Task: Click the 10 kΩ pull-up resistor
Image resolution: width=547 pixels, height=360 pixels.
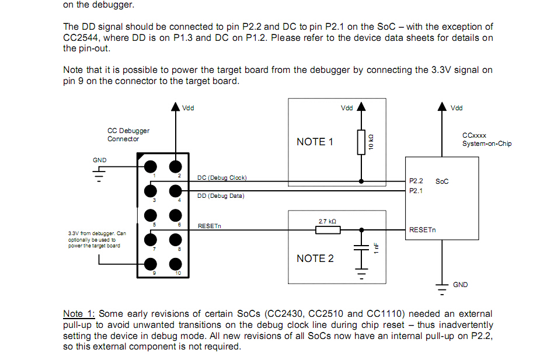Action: tap(361, 142)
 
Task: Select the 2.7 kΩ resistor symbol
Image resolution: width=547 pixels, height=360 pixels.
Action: tap(327, 230)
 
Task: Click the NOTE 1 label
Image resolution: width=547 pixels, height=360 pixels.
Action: tap(315, 142)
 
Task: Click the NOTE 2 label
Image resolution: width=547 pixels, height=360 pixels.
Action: tap(315, 258)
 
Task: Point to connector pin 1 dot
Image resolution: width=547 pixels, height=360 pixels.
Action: tap(151, 166)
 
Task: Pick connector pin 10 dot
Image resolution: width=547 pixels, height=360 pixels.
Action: tap(175, 264)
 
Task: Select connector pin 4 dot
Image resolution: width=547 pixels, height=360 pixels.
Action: tap(175, 191)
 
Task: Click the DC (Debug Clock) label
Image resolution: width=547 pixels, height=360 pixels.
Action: tap(222, 177)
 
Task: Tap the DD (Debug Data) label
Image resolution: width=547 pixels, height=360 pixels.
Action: tap(221, 196)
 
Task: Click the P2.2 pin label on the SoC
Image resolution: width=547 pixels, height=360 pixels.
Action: tap(416, 181)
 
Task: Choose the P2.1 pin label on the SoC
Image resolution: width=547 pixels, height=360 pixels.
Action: tap(416, 190)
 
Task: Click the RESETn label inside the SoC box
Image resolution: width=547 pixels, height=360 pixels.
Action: tap(422, 230)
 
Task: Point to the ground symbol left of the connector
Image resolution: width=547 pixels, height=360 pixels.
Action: tap(100, 174)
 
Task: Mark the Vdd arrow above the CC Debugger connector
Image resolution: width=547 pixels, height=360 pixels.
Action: tap(175, 107)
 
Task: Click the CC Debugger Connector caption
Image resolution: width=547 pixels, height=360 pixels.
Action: tap(128, 135)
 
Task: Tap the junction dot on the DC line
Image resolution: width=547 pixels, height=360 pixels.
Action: tap(361, 181)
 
